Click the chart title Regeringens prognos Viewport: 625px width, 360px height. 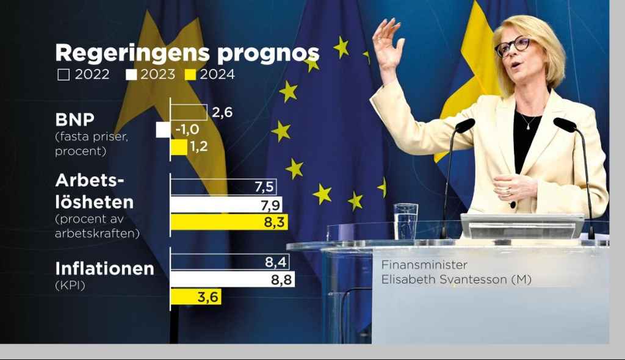coord(187,54)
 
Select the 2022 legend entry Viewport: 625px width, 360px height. coord(84,75)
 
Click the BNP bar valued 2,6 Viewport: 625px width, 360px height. coord(189,112)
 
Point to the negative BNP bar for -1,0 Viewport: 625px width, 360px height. coord(163,129)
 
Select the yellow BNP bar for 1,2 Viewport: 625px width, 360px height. coord(179,147)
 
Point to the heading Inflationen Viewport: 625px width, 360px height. coord(104,268)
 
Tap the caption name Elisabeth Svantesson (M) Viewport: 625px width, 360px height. coord(457,280)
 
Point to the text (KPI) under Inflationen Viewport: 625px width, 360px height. coord(70,284)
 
